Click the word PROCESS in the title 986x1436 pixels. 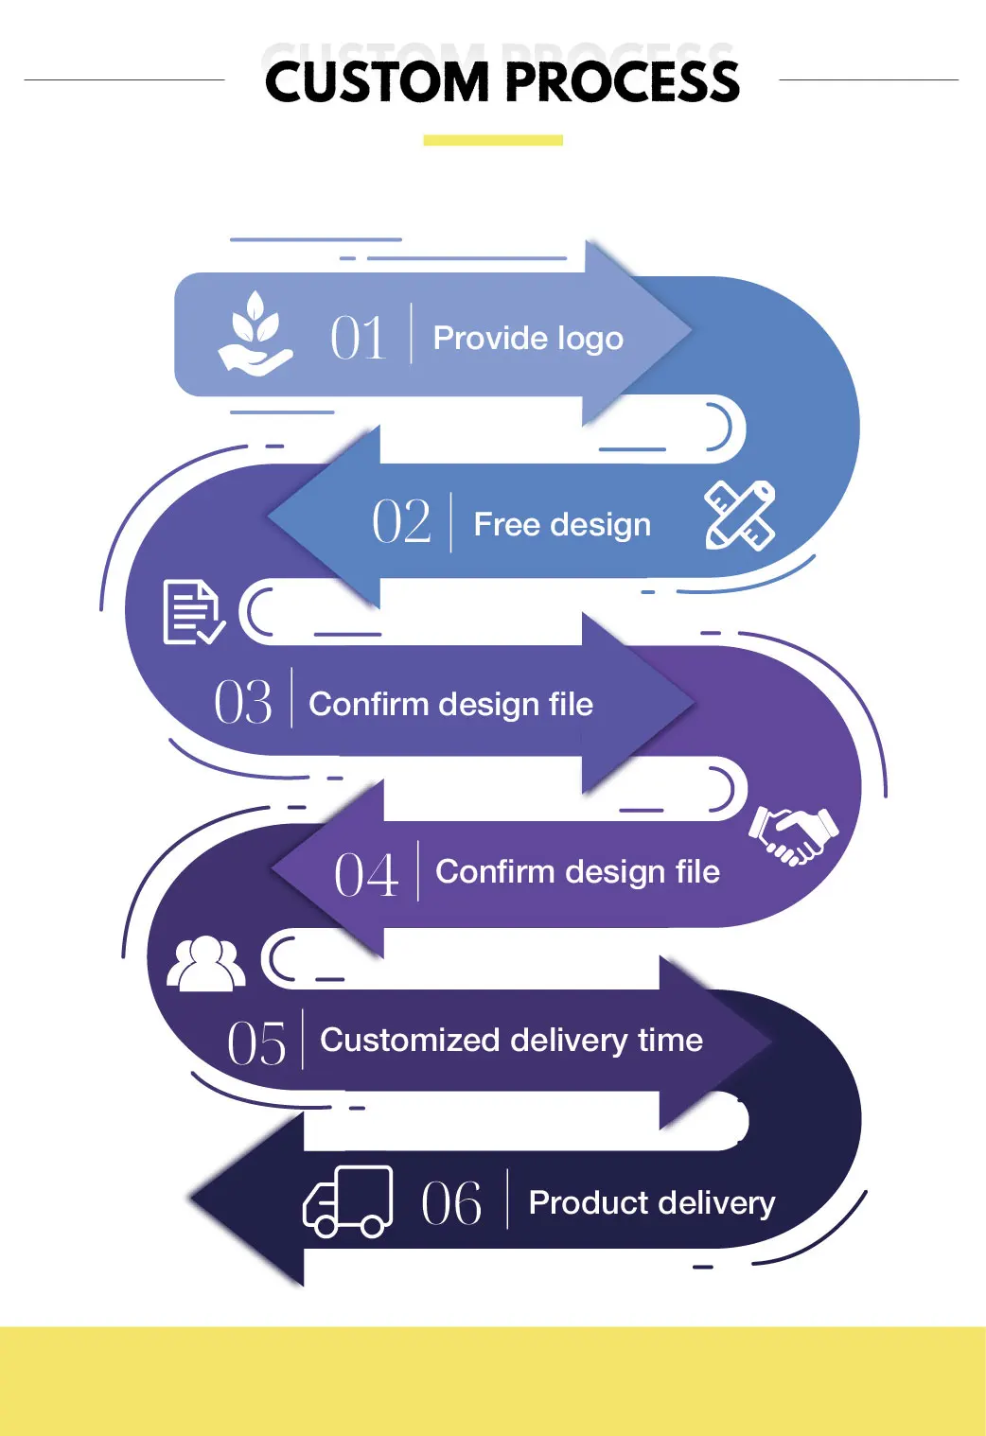(x=624, y=82)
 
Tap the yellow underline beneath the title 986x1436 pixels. (x=492, y=140)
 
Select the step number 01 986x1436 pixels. (x=359, y=338)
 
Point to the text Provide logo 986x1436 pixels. (x=528, y=338)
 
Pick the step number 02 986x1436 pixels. (x=401, y=522)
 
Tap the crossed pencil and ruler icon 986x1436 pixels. (x=740, y=516)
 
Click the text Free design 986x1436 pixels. (x=562, y=524)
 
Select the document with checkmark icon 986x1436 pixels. (x=193, y=613)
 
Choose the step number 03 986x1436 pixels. (x=243, y=703)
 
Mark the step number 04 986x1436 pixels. (x=366, y=875)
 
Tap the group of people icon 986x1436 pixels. (x=205, y=964)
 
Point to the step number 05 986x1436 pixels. (x=256, y=1044)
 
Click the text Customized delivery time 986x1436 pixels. (x=511, y=1041)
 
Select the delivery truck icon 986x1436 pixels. (x=347, y=1201)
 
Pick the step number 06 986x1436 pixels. (x=451, y=1204)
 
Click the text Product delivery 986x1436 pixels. (x=651, y=1203)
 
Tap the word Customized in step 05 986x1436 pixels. (x=410, y=1041)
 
